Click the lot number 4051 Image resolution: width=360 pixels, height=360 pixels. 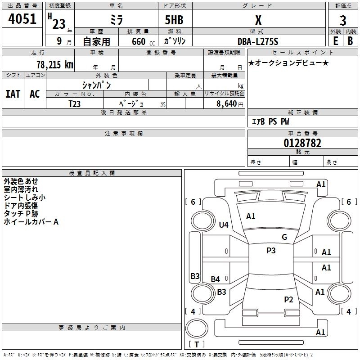[22, 19]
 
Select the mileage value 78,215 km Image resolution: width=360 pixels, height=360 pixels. [55, 65]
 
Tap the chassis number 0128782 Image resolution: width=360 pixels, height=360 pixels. [302, 143]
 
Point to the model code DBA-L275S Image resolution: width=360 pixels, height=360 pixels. [258, 41]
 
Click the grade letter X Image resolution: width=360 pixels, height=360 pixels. [258, 20]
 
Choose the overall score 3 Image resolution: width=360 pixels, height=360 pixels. [343, 21]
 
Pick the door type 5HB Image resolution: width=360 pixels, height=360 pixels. [174, 20]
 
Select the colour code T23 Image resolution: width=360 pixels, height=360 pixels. [75, 104]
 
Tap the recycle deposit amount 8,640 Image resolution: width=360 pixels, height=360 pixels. [226, 104]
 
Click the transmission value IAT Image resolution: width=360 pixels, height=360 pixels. [13, 94]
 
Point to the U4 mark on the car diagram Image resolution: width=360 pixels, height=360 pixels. [224, 225]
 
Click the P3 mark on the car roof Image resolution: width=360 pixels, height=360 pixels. [271, 251]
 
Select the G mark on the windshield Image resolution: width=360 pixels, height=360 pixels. [284, 237]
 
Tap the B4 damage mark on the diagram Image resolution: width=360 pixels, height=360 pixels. [216, 279]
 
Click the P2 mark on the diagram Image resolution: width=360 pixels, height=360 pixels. [288, 300]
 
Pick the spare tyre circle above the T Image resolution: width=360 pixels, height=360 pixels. [197, 328]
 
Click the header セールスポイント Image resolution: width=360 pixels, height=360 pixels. [302, 53]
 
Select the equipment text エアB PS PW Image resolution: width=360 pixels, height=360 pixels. [270, 121]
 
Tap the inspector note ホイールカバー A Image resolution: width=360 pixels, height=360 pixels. [31, 222]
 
